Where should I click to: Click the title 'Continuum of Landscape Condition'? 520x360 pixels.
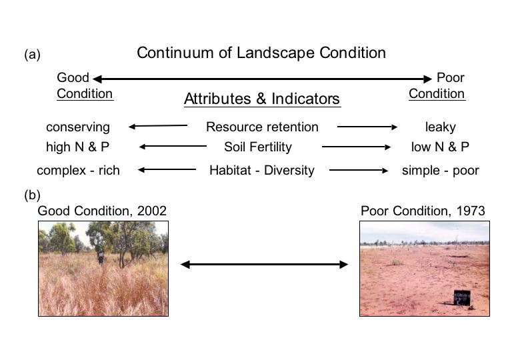click(x=261, y=53)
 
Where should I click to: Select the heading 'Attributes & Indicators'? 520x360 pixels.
click(x=262, y=99)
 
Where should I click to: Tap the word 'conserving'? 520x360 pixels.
click(x=78, y=127)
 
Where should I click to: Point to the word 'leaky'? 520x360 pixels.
click(x=441, y=127)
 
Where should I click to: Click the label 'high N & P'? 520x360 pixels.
click(x=77, y=147)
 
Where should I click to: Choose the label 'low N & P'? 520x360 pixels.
click(x=440, y=147)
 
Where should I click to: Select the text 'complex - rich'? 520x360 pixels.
click(x=78, y=171)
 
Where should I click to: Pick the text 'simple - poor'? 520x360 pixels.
click(x=441, y=171)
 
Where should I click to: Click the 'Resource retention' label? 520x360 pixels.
click(x=262, y=127)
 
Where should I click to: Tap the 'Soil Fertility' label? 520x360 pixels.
click(x=258, y=147)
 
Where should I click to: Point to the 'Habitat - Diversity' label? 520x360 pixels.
click(x=262, y=171)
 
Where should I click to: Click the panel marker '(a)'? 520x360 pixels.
click(x=32, y=55)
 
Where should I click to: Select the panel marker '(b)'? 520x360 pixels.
click(x=32, y=195)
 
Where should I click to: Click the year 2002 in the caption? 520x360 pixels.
click(x=152, y=211)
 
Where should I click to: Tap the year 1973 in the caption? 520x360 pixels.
click(x=471, y=211)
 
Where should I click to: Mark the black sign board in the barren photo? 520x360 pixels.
click(x=462, y=297)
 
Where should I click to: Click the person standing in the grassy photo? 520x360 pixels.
click(x=101, y=257)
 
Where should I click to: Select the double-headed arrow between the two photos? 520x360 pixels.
click(x=264, y=265)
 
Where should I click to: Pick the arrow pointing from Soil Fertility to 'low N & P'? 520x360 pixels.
click(x=356, y=147)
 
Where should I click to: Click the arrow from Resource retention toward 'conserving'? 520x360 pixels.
click(x=158, y=126)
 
